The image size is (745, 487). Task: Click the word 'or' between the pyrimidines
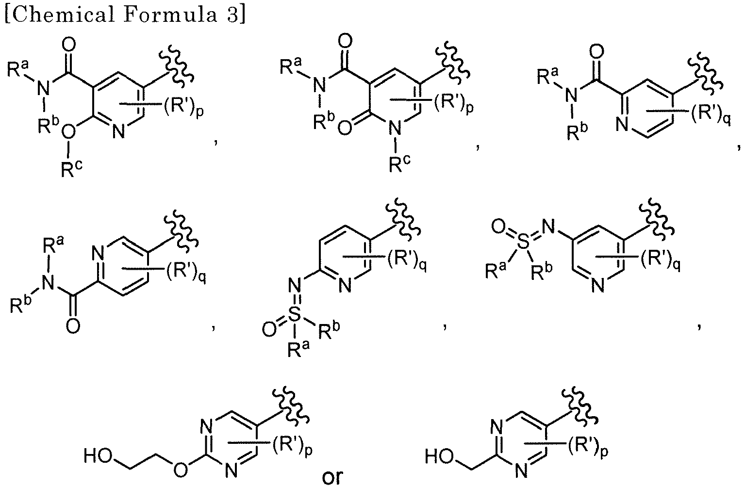(332, 476)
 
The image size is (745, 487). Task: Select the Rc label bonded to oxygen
(71, 168)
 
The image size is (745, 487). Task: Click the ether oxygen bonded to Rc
(68, 132)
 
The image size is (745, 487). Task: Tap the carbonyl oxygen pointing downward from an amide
(73, 325)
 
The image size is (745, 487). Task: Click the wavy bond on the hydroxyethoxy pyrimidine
(291, 406)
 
